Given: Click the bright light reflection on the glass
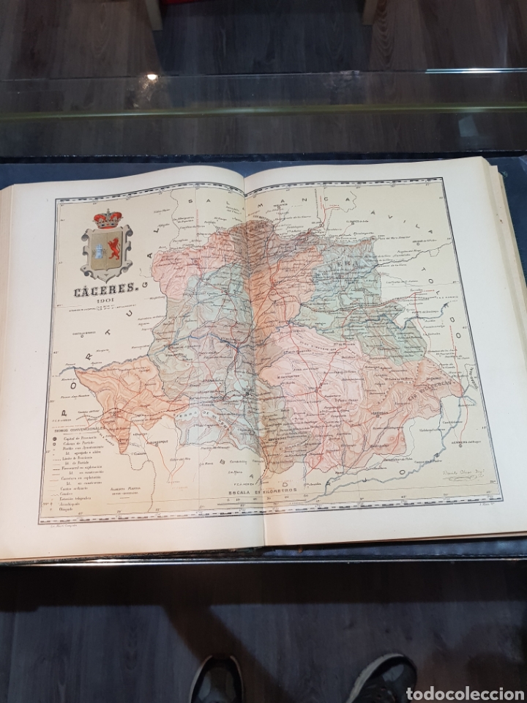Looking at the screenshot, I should (x=152, y=76).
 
